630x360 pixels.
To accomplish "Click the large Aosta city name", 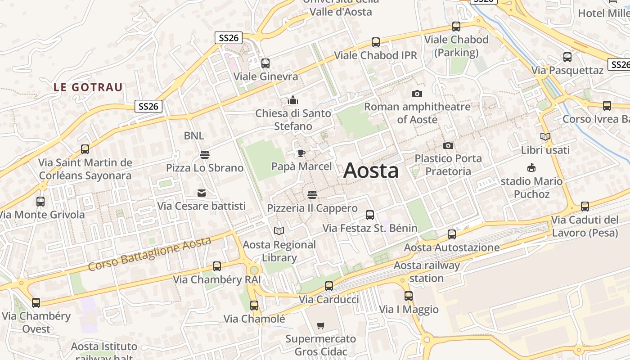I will tap(371, 171).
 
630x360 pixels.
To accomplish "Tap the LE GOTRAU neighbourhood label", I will tap(88, 87).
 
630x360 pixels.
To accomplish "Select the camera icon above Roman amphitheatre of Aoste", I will tap(417, 94).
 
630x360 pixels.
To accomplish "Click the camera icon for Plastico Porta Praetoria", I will tap(448, 145).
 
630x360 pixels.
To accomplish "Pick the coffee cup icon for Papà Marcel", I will tap(301, 153).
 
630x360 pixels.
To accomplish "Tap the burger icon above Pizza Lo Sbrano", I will tap(205, 155).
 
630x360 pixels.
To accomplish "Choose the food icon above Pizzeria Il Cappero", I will tap(312, 195).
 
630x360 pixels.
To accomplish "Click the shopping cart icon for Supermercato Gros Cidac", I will tap(321, 325).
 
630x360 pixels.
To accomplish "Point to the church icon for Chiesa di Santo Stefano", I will tap(293, 100).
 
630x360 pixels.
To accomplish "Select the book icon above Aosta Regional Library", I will tap(279, 231).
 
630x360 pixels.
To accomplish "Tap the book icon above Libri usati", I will tap(545, 136).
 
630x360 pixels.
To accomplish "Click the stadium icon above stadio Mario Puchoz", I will tap(531, 168).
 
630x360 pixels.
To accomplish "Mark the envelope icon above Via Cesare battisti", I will tap(202, 193).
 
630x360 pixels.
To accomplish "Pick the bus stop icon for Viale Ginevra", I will tap(265, 63).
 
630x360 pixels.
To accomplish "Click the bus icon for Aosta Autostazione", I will tap(452, 234).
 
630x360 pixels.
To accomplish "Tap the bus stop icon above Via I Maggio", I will tap(409, 296).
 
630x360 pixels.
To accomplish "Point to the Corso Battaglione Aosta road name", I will tap(149, 254).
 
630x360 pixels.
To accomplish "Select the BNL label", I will tap(194, 135).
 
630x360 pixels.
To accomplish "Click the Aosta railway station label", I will tap(427, 272).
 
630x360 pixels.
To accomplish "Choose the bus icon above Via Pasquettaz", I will tap(567, 57).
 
